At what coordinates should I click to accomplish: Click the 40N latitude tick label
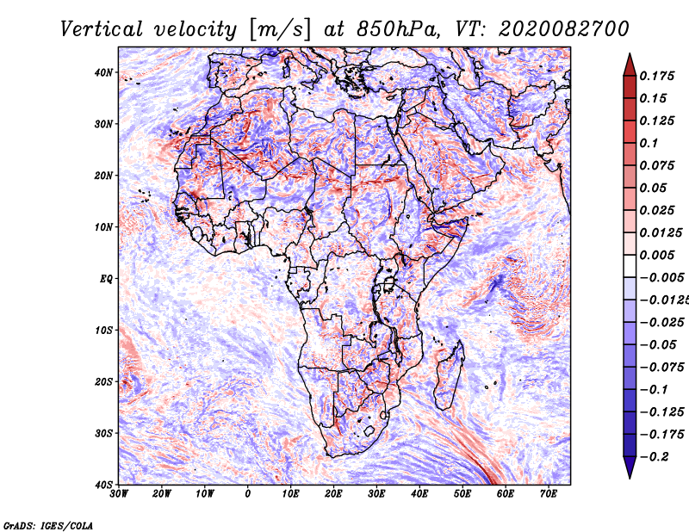(x=103, y=72)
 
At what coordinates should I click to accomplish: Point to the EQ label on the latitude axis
(x=106, y=279)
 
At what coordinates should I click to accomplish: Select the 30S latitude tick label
(x=103, y=434)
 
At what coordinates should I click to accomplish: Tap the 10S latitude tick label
(x=103, y=331)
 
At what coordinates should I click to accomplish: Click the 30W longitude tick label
(x=119, y=494)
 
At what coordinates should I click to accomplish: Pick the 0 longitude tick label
(x=248, y=494)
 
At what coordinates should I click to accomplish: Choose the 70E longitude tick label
(x=548, y=494)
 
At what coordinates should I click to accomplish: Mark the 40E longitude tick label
(x=419, y=494)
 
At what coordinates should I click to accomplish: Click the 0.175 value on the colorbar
(x=657, y=76)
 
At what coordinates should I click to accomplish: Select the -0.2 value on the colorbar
(x=655, y=456)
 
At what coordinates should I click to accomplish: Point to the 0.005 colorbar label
(x=657, y=255)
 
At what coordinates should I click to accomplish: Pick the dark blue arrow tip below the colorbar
(x=630, y=477)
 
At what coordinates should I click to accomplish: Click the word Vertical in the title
(x=102, y=29)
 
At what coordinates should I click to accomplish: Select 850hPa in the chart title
(x=398, y=29)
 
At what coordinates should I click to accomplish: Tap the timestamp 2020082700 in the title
(x=564, y=29)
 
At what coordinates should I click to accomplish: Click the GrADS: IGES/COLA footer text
(x=48, y=525)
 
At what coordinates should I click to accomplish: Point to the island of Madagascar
(x=450, y=375)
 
